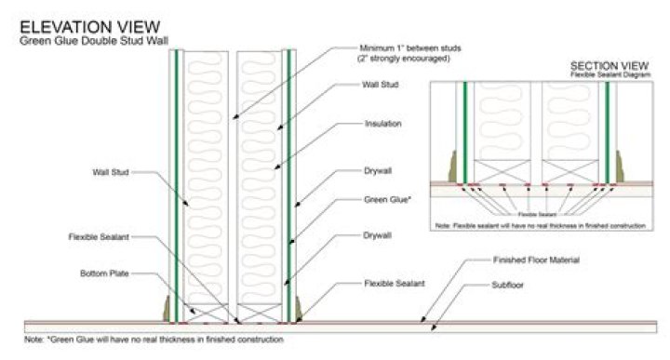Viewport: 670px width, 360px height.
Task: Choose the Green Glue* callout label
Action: pos(382,199)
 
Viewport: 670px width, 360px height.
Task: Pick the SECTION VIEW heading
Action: pos(608,67)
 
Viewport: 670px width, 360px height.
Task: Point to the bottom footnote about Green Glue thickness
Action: pos(154,340)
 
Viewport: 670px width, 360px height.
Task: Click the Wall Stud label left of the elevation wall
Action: pos(111,171)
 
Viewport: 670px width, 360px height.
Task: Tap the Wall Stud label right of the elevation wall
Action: pos(379,85)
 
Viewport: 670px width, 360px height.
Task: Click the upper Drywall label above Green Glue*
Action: pos(377,171)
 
